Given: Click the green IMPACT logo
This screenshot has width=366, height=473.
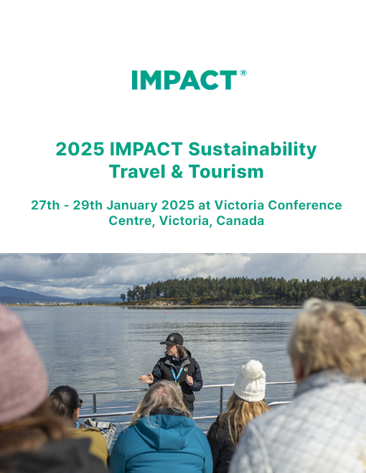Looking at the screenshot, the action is pyautogui.click(x=184, y=80).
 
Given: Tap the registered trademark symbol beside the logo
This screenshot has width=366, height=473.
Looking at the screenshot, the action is pyautogui.click(x=243, y=73).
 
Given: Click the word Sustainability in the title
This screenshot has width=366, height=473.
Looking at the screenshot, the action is pyautogui.click(x=253, y=150).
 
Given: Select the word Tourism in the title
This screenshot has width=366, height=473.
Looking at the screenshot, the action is pyautogui.click(x=226, y=171).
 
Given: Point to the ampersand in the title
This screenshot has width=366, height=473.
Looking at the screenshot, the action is pyautogui.click(x=177, y=171).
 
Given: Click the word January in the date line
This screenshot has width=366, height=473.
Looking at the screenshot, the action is pyautogui.click(x=131, y=205).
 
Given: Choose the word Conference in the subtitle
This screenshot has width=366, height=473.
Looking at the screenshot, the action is pyautogui.click(x=305, y=205).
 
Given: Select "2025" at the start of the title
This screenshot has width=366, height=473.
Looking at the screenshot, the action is pyautogui.click(x=80, y=149).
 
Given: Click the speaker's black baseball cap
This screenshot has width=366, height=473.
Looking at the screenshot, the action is pyautogui.click(x=172, y=339).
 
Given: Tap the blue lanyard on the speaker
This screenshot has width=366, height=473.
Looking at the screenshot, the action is pyautogui.click(x=177, y=374).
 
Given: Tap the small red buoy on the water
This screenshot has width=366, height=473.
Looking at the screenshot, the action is pyautogui.click(x=166, y=311).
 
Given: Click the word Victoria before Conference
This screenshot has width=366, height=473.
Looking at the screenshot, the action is pyautogui.click(x=240, y=205).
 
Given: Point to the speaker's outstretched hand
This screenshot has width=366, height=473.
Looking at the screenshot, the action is pyautogui.click(x=146, y=378).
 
